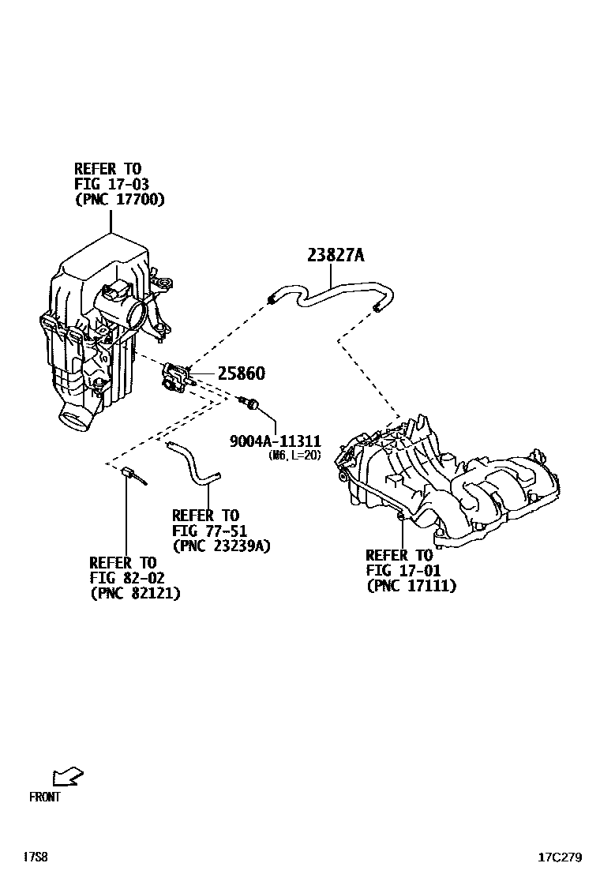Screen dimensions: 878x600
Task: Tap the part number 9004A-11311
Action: point(275,441)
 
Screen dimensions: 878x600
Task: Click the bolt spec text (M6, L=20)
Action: point(294,456)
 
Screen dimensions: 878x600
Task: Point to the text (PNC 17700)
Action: point(119,200)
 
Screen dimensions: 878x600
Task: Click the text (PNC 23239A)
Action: point(222,546)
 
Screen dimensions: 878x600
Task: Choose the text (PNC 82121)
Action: point(135,593)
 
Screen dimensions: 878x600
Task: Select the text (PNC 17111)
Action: point(411,585)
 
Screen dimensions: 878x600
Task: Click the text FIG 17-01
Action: point(403,570)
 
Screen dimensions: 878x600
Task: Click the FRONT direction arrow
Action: point(68,777)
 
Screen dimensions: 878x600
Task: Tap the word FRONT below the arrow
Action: point(44,797)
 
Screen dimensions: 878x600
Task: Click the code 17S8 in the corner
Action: point(36,857)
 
